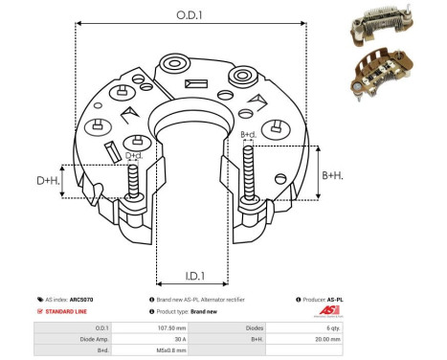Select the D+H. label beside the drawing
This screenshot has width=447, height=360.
click(48, 180)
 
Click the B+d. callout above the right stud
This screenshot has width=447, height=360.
click(247, 135)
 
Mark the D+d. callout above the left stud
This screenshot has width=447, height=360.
click(135, 155)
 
